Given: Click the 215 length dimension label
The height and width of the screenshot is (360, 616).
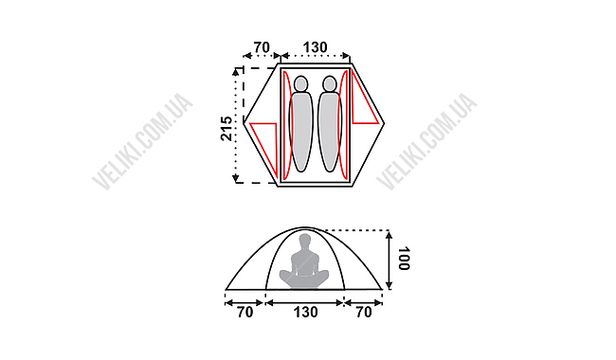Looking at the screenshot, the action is coord(226,129).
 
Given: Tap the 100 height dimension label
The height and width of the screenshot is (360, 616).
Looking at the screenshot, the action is coord(404,259).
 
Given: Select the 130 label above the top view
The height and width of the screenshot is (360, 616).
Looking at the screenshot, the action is coord(315,47).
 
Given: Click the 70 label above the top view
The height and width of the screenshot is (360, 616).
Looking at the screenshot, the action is coord(262,47).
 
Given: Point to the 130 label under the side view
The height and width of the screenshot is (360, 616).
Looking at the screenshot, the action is coord(306,313).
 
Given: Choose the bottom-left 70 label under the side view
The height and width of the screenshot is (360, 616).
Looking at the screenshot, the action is coord(245,313).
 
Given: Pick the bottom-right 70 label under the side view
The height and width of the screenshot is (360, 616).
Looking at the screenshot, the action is coord(364,313).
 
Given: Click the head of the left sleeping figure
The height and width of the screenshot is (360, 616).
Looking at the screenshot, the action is coord(301,83).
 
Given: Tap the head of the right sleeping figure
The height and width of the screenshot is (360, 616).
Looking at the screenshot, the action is coord(329,83).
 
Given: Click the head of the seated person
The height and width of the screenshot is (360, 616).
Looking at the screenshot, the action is coord(305,240).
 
